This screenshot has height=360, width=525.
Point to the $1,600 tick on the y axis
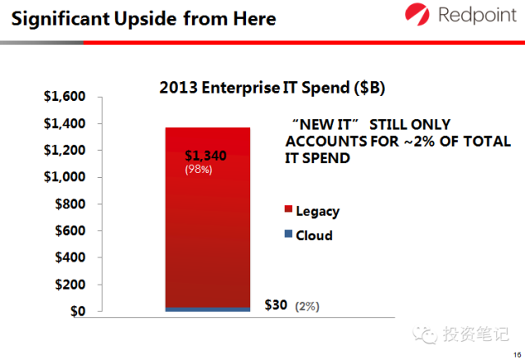[64, 98]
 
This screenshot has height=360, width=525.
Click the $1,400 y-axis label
[64, 124]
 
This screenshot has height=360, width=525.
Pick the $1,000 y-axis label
[64, 177]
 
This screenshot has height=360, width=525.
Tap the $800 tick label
[69, 204]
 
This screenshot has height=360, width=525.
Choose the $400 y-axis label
[69, 257]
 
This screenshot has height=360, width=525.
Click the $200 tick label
[69, 285]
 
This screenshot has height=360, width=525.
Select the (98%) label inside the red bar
[199, 170]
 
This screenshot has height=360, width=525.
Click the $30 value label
[276, 305]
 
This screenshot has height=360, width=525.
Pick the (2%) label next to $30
[307, 306]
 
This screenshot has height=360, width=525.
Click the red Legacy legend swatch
[288, 211]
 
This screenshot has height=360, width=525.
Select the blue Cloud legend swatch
[288, 235]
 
